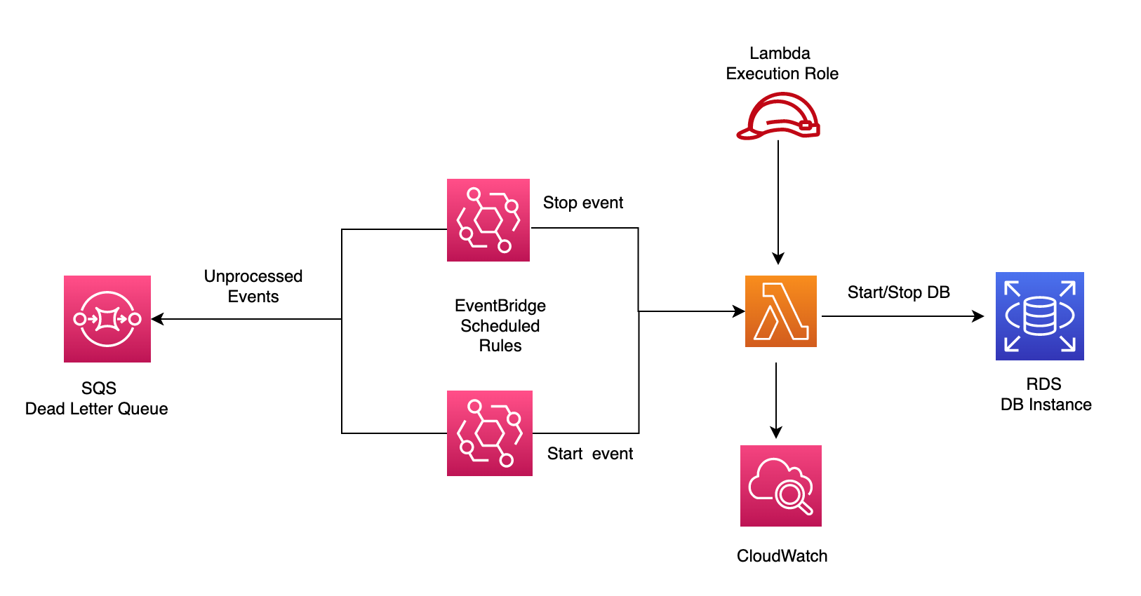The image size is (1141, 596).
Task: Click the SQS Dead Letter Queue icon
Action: pyautogui.click(x=107, y=319)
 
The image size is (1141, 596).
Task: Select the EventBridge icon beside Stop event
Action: pyautogui.click(x=488, y=220)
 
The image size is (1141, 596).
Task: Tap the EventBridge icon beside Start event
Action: pyautogui.click(x=490, y=433)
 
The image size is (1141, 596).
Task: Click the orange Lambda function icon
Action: pyautogui.click(x=780, y=311)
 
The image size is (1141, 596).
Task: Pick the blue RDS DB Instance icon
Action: pyautogui.click(x=1039, y=316)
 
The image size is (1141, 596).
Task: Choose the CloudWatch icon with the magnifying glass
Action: pyautogui.click(x=780, y=486)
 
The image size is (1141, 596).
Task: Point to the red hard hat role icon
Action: pyautogui.click(x=779, y=117)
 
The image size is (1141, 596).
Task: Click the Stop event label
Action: pyautogui.click(x=582, y=203)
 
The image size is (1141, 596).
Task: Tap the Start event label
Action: pyautogui.click(x=589, y=454)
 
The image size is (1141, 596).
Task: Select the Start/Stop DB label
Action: pyautogui.click(x=898, y=292)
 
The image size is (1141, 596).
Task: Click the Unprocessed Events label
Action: pyautogui.click(x=253, y=286)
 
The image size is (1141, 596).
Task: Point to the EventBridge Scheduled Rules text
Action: pyautogui.click(x=500, y=325)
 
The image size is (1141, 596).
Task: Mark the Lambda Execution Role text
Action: pyautogui.click(x=782, y=63)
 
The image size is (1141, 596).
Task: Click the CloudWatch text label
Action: pyautogui.click(x=782, y=556)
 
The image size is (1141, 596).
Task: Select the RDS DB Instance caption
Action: pyautogui.click(x=1045, y=394)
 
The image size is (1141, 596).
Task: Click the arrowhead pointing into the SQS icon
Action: pyautogui.click(x=157, y=319)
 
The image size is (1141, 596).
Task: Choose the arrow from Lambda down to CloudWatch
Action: pyautogui.click(x=776, y=400)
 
